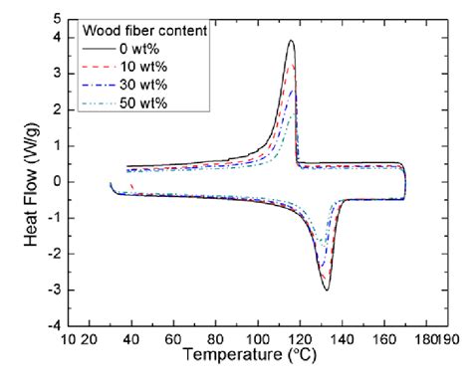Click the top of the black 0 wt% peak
pos(291,41)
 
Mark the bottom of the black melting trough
pos(326,290)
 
